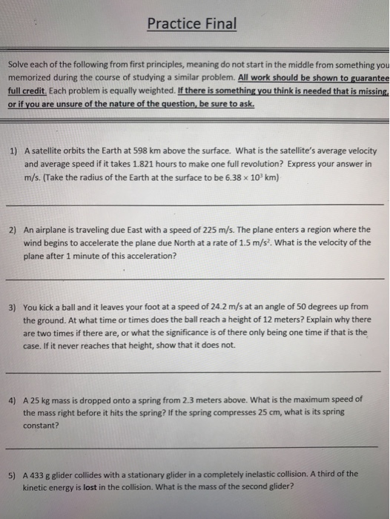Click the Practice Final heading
tap(192, 24)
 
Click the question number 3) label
tap(13, 306)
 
